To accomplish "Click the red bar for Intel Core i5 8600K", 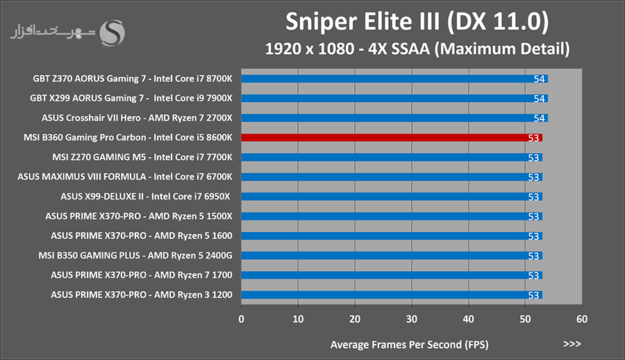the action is [392, 138].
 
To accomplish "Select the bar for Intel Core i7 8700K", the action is [394, 79].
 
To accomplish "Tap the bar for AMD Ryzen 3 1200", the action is [392, 295].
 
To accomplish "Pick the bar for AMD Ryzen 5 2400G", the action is [392, 256].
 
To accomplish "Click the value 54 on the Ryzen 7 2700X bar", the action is [539, 118].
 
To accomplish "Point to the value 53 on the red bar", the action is [533, 138].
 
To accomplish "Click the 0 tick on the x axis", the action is [241, 319].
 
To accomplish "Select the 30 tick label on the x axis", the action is [411, 319].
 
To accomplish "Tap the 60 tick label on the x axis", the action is [581, 319].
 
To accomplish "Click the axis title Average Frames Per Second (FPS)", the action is [409, 345].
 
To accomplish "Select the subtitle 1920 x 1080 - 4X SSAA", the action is [347, 49].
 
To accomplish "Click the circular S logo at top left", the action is [112, 33].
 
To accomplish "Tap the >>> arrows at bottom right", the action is [572, 344].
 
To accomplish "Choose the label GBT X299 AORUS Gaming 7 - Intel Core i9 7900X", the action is [131, 98].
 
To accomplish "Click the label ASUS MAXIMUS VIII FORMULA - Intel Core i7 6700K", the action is [125, 177].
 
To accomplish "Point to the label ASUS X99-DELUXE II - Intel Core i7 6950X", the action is [146, 197].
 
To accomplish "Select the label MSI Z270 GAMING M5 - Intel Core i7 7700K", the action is [142, 157].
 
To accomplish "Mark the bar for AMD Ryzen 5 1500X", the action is [392, 216].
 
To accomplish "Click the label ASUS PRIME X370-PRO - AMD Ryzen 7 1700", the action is [142, 275].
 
